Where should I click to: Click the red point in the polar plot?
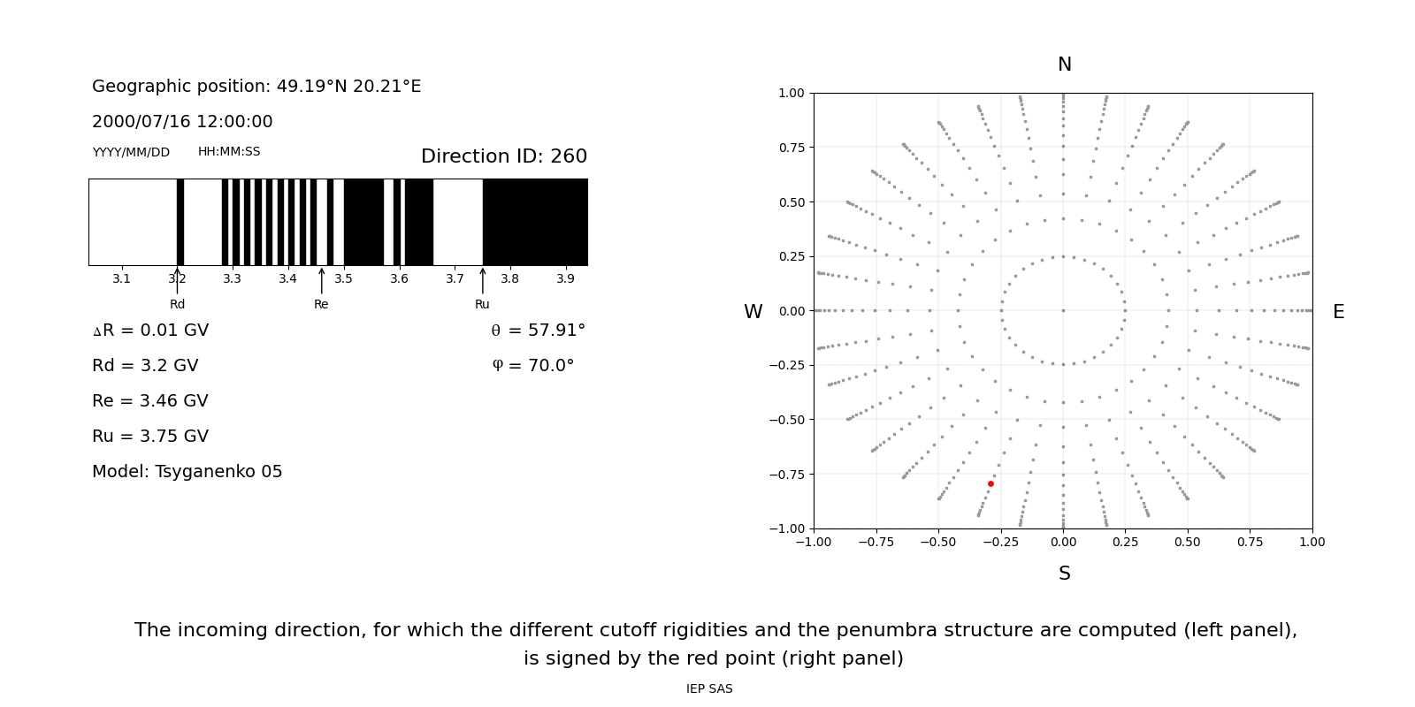[990, 483]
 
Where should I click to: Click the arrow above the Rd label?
[177, 280]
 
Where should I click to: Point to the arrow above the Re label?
[321, 280]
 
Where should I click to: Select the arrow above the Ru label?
[482, 280]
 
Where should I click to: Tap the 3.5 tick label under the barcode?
[343, 279]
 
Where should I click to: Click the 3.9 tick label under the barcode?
[565, 279]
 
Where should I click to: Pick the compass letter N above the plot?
[1064, 65]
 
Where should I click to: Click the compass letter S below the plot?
[1064, 574]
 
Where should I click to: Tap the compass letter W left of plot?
[753, 312]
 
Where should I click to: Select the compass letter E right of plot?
[1338, 312]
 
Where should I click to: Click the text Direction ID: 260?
[503, 156]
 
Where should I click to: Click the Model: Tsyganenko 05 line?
[187, 472]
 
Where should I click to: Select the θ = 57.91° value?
[538, 331]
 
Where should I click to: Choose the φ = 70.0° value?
[532, 366]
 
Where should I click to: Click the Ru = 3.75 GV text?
[150, 437]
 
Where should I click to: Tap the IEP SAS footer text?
[709, 688]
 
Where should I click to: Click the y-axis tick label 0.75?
[791, 148]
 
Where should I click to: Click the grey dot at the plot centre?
[1063, 310]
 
